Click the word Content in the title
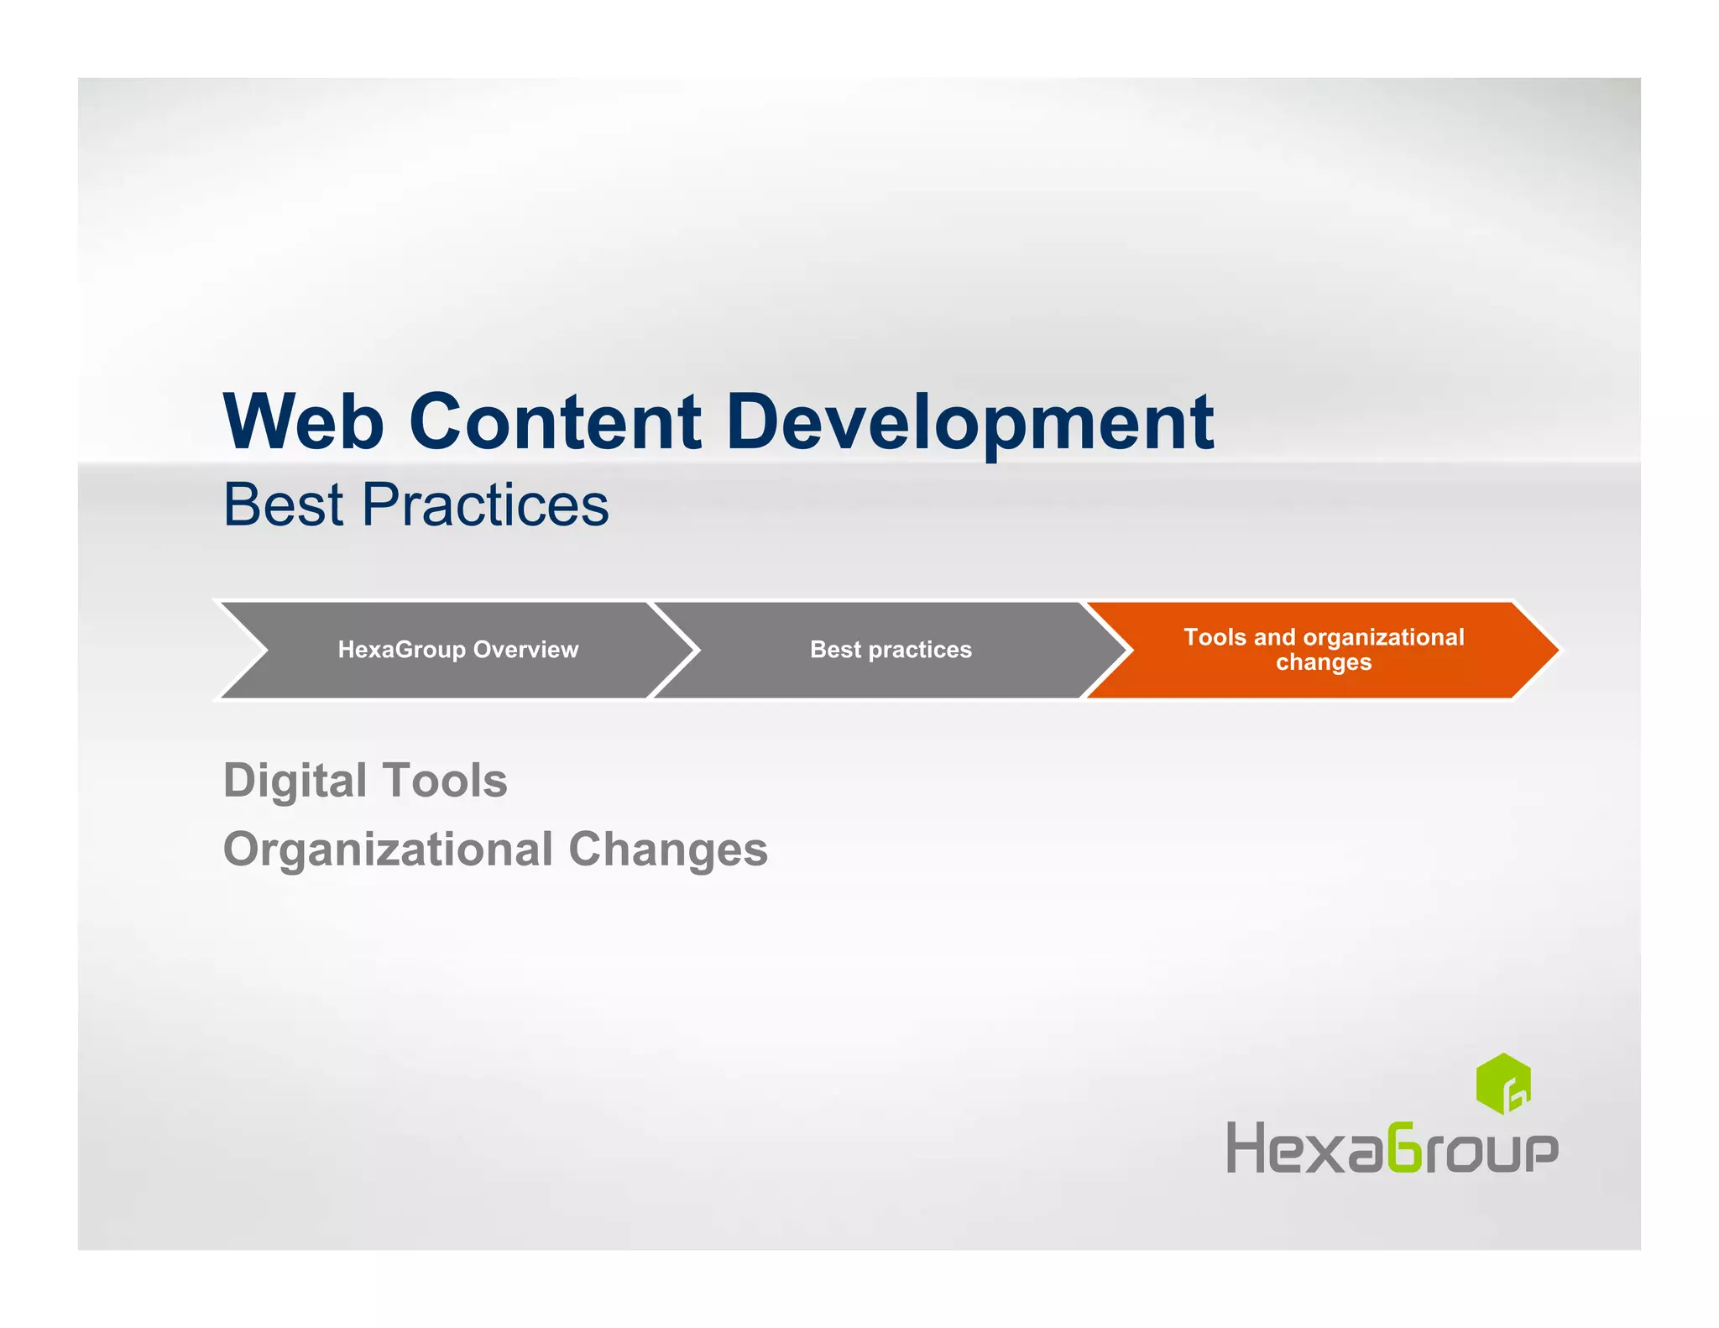pos(555,421)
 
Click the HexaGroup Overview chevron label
pos(457,650)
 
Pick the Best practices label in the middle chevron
pos(891,650)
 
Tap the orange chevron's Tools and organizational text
pos(1324,637)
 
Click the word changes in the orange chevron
pos(1324,662)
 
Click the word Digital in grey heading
pos(295,781)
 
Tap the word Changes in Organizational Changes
pos(668,849)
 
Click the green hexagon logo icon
pos(1503,1084)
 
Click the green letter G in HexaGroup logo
pos(1403,1148)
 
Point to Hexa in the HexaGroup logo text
pos(1303,1148)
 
